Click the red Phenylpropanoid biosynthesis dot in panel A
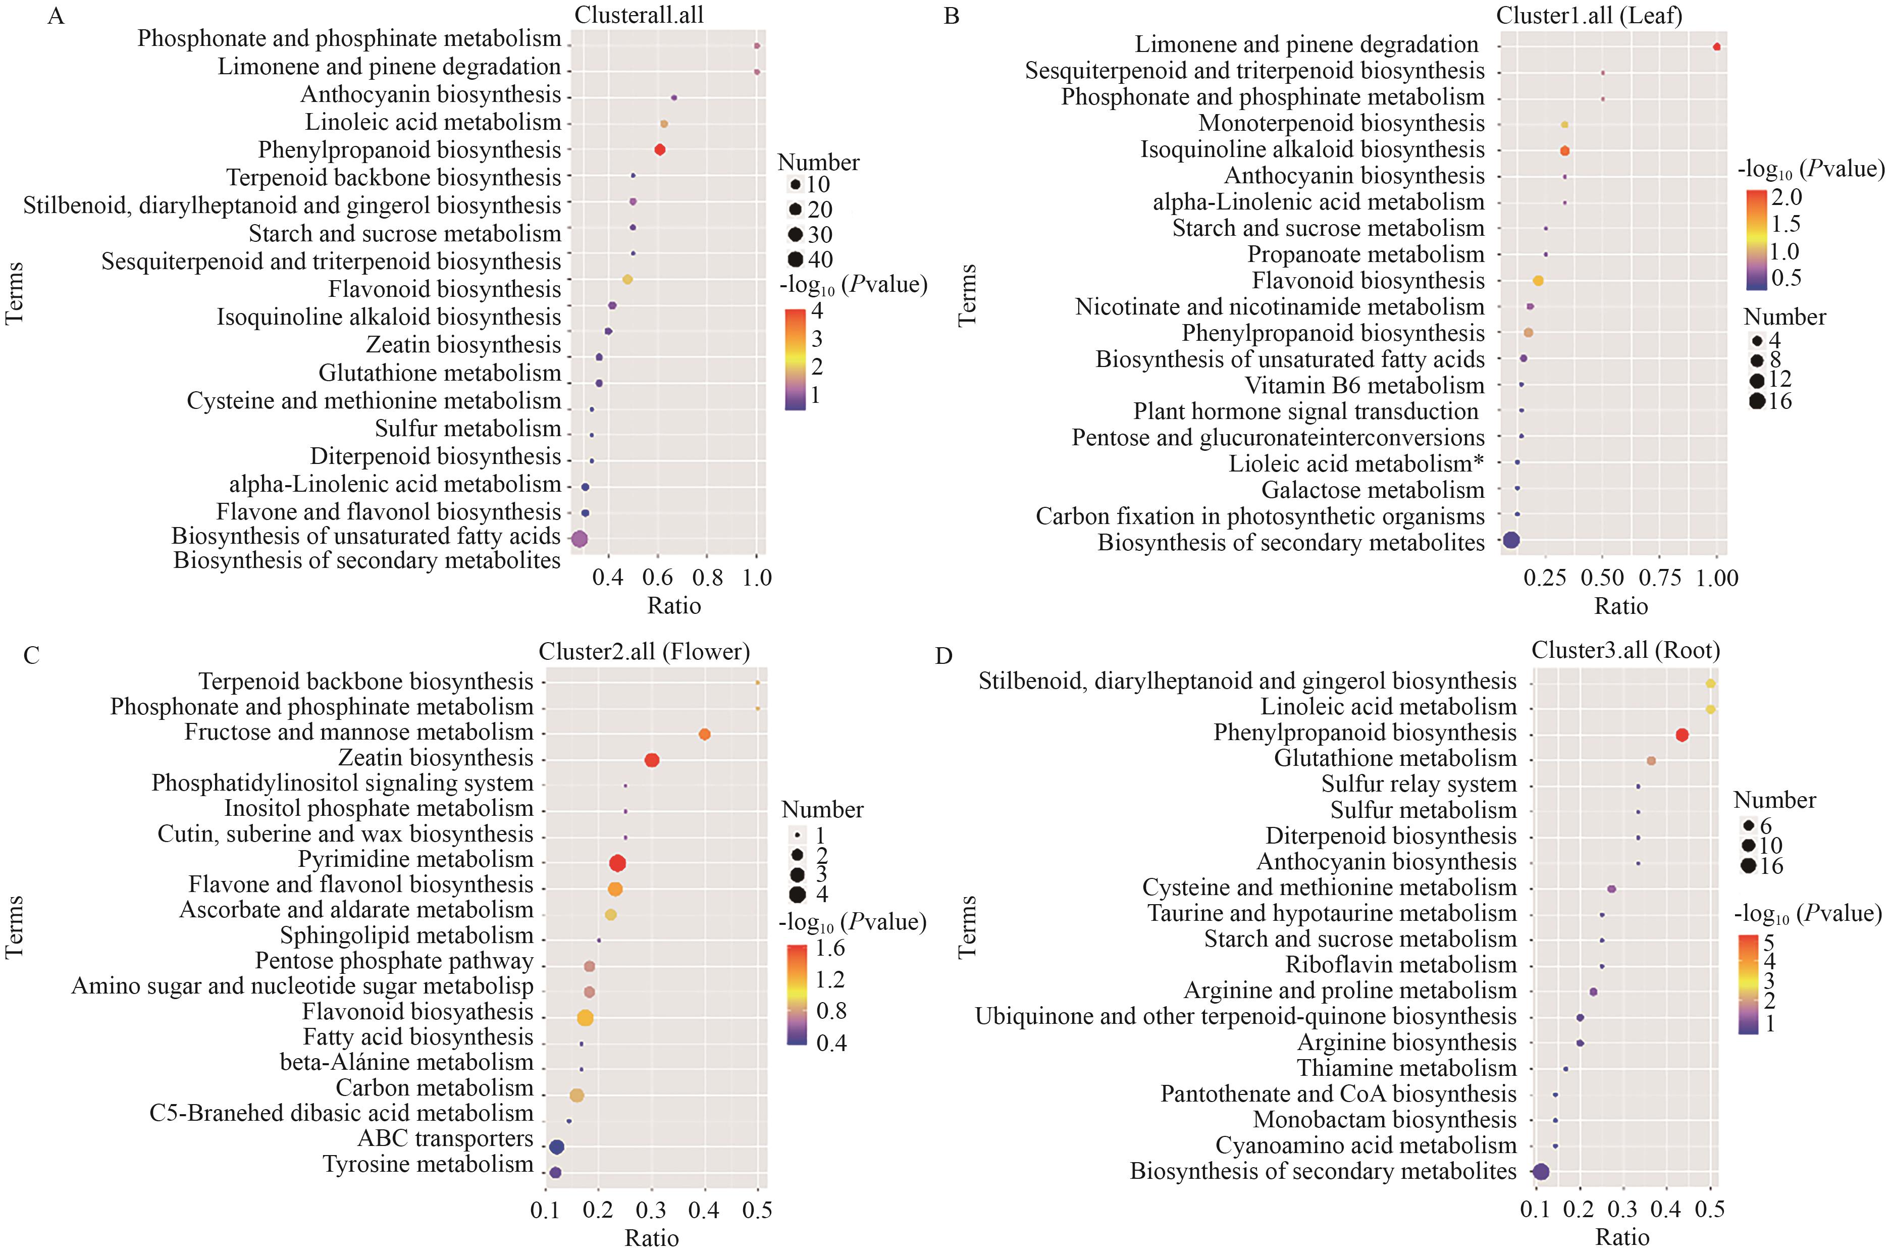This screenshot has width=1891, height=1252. click(x=659, y=150)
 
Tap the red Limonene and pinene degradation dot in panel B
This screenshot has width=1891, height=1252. click(x=1716, y=47)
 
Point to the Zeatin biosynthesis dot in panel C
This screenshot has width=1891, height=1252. click(x=651, y=760)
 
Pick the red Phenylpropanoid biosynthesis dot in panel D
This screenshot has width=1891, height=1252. click(x=1682, y=736)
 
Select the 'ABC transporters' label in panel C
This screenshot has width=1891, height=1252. click(x=445, y=1138)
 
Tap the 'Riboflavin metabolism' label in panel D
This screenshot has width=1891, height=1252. click(x=1400, y=965)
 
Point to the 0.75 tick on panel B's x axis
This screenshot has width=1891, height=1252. click(x=1659, y=578)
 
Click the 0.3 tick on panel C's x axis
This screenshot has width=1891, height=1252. click(x=651, y=1211)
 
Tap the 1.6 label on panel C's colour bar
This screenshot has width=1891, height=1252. click(x=830, y=949)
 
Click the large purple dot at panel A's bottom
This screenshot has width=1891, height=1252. click(x=580, y=539)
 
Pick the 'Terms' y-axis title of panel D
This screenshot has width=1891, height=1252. click(x=967, y=926)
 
